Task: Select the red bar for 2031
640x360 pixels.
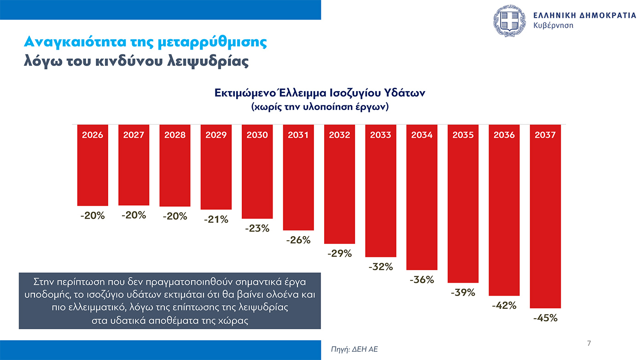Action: (x=298, y=184)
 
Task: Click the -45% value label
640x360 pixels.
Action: (x=545, y=318)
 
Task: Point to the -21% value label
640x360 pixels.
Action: (x=216, y=220)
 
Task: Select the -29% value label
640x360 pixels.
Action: (x=339, y=253)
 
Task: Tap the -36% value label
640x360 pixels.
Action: (x=422, y=279)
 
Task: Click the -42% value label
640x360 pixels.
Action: (x=504, y=305)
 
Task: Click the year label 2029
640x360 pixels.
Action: (x=216, y=135)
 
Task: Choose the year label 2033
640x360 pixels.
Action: (x=381, y=135)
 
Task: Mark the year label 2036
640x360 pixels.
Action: (x=504, y=135)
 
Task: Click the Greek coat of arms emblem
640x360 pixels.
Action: (x=509, y=21)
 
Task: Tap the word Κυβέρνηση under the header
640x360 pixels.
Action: (x=553, y=25)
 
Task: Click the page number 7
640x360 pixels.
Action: (x=589, y=343)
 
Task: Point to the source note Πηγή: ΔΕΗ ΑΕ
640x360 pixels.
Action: (x=355, y=349)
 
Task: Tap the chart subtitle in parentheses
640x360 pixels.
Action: (x=320, y=107)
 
